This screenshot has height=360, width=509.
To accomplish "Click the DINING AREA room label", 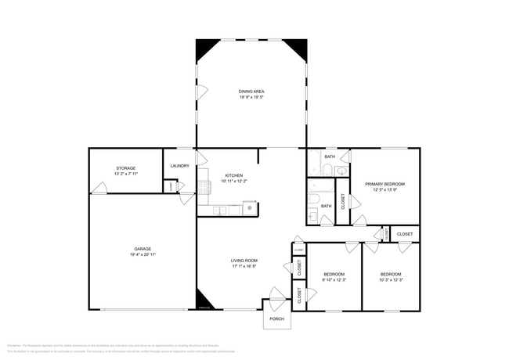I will pyautogui.click(x=251, y=92).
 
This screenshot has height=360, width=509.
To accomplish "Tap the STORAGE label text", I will pyautogui.click(x=126, y=168).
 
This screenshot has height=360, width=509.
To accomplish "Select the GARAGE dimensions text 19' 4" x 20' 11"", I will pyautogui.click(x=142, y=254).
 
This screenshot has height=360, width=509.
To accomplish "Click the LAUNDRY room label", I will pyautogui.click(x=179, y=166).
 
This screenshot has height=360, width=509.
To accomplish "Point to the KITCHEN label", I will pyautogui.click(x=234, y=175).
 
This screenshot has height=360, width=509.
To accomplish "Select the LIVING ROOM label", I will pyautogui.click(x=244, y=261).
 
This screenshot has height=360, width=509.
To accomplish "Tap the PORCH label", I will pyautogui.click(x=277, y=319).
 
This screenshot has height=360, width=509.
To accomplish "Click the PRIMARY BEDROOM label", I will pyautogui.click(x=384, y=184).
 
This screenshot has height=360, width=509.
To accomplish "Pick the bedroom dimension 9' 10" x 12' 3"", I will pyautogui.click(x=334, y=279).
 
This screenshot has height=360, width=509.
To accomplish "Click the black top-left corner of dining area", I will pyautogui.click(x=205, y=49).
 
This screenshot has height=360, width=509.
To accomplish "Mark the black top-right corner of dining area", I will pyautogui.click(x=296, y=49).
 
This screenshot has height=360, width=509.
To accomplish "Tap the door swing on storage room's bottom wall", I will pyautogui.click(x=99, y=189).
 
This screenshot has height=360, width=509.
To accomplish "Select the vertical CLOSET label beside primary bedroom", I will pyautogui.click(x=343, y=201).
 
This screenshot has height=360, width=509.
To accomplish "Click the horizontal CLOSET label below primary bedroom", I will pyautogui.click(x=405, y=234).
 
